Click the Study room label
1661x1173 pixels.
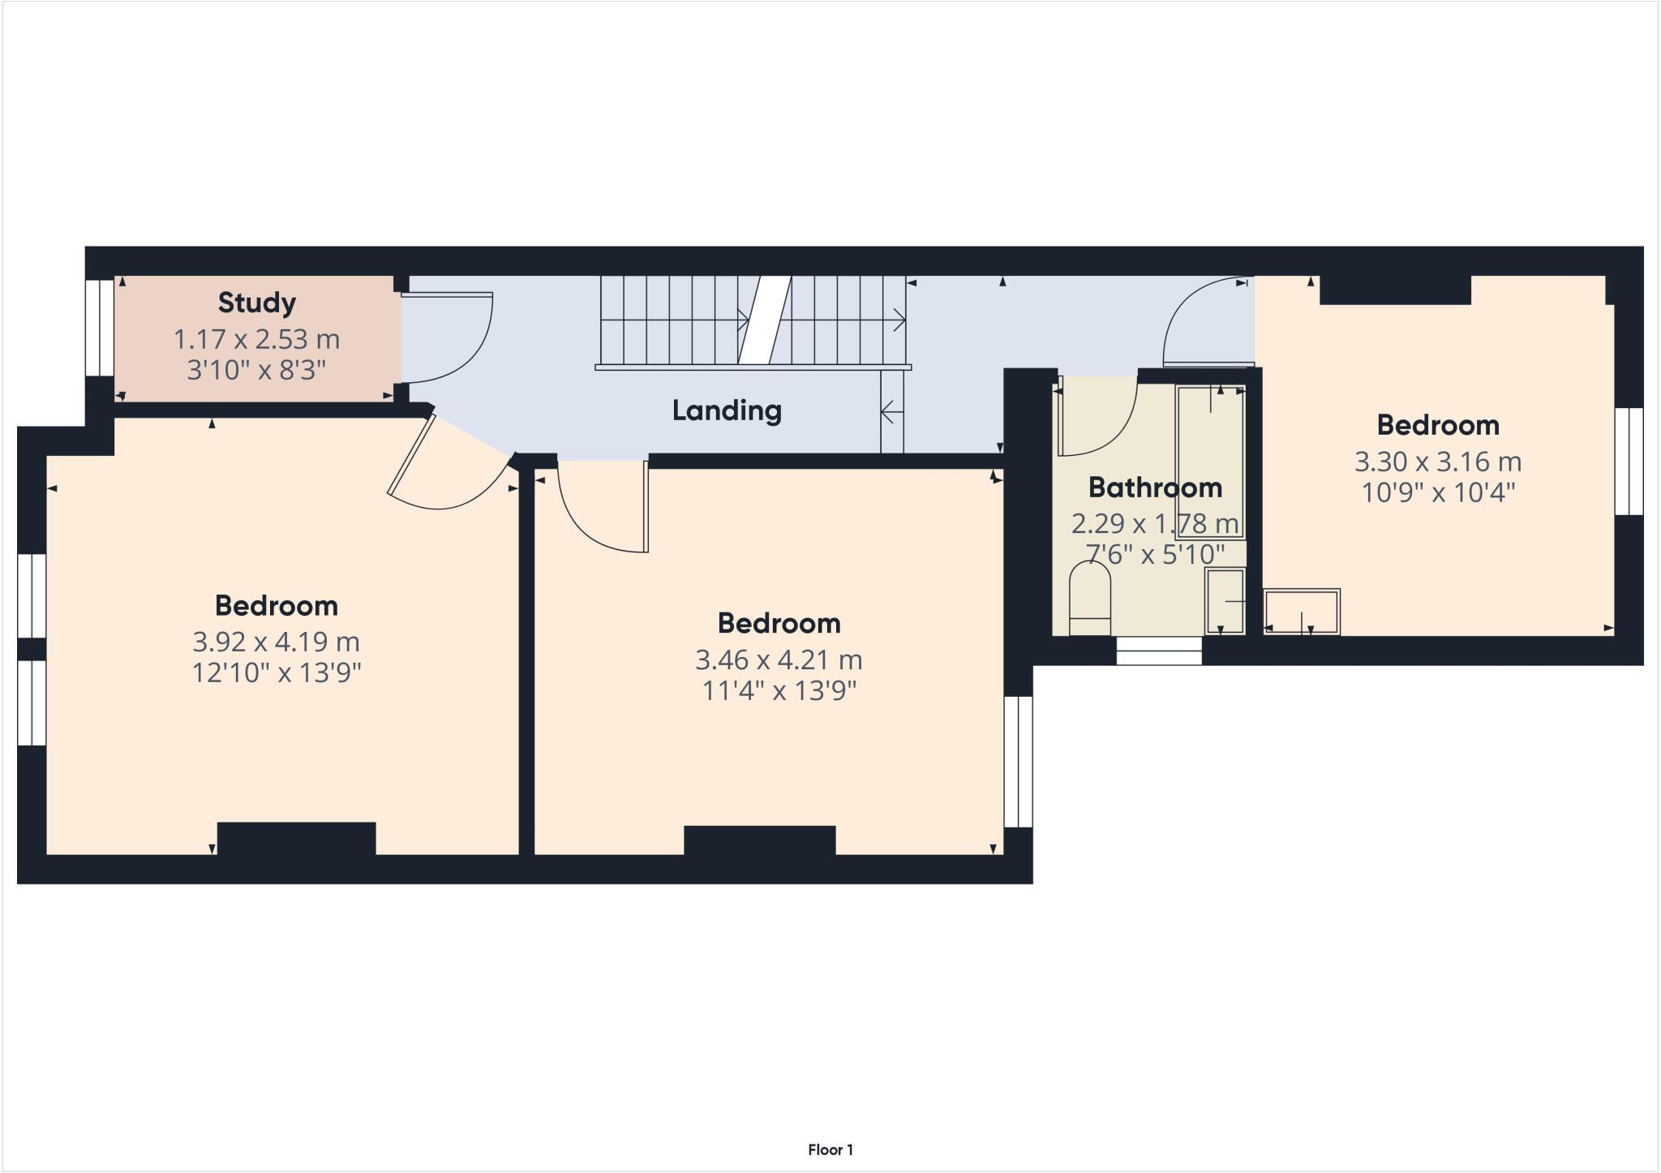[256, 303]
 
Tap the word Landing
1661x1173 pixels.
[727, 410]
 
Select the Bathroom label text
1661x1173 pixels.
[1155, 488]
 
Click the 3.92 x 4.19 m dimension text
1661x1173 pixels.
[276, 642]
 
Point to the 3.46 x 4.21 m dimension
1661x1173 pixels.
[779, 660]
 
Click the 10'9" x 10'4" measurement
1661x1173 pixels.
[1438, 492]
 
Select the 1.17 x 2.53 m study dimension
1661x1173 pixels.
[256, 339]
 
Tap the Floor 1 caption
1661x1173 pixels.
[830, 1149]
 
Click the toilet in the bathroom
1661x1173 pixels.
[1089, 599]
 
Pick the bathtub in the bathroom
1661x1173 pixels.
[1210, 462]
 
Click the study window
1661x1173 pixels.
[100, 328]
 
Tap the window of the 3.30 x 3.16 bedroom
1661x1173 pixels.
[1628, 461]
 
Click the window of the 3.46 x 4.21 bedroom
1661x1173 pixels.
[1018, 761]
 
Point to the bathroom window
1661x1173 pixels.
[1158, 651]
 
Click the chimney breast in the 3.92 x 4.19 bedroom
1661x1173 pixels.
[296, 838]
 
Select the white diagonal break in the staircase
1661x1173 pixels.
[763, 320]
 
